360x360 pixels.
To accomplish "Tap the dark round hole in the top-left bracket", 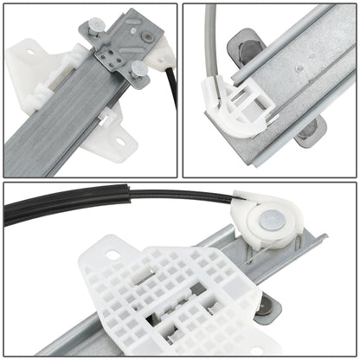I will (149, 37).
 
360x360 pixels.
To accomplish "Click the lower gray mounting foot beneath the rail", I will (307, 130).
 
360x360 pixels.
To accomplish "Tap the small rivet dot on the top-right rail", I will (299, 67).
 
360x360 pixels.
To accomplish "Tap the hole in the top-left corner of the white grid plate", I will (112, 256).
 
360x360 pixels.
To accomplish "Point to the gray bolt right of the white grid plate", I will (273, 304).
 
